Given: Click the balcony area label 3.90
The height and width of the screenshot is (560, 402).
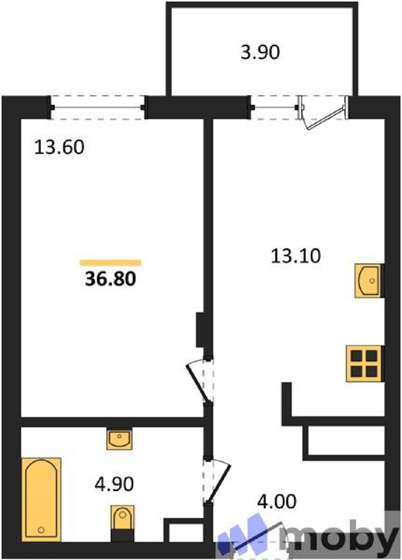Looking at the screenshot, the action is tap(260, 52).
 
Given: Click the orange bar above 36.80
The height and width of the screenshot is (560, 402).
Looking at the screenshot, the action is tap(111, 263).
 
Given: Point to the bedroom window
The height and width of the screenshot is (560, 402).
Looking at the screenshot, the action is tap(98, 107).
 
